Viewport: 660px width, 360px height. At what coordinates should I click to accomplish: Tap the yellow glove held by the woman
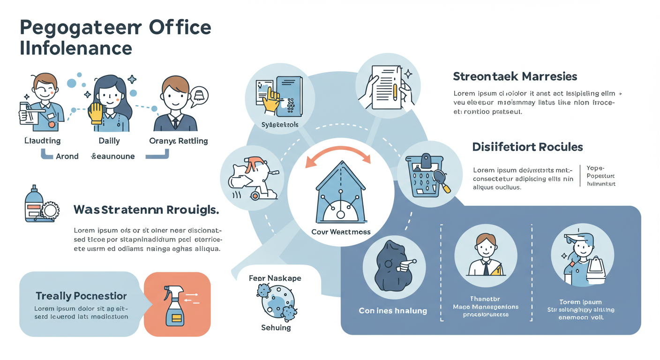point(96,113)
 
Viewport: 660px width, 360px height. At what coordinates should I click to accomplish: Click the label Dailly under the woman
point(109,141)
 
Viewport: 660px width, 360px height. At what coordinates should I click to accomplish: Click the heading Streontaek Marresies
point(515,76)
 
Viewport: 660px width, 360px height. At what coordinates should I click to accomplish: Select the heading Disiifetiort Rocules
point(527,147)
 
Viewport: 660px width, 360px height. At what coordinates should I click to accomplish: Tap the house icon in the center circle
point(341,194)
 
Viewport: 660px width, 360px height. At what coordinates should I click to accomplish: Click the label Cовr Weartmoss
point(341,232)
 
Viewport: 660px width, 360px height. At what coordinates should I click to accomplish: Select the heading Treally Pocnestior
point(81,296)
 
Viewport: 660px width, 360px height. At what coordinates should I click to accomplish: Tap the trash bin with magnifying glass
point(426,176)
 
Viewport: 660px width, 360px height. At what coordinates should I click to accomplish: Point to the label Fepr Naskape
point(275,278)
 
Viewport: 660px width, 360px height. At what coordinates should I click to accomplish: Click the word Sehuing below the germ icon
point(276,328)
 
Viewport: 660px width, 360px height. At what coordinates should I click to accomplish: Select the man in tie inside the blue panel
point(485,256)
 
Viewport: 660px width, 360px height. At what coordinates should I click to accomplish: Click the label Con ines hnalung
point(393,310)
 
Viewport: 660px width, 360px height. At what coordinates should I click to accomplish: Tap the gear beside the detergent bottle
point(50,210)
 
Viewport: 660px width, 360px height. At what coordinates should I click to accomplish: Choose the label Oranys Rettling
point(178,141)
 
